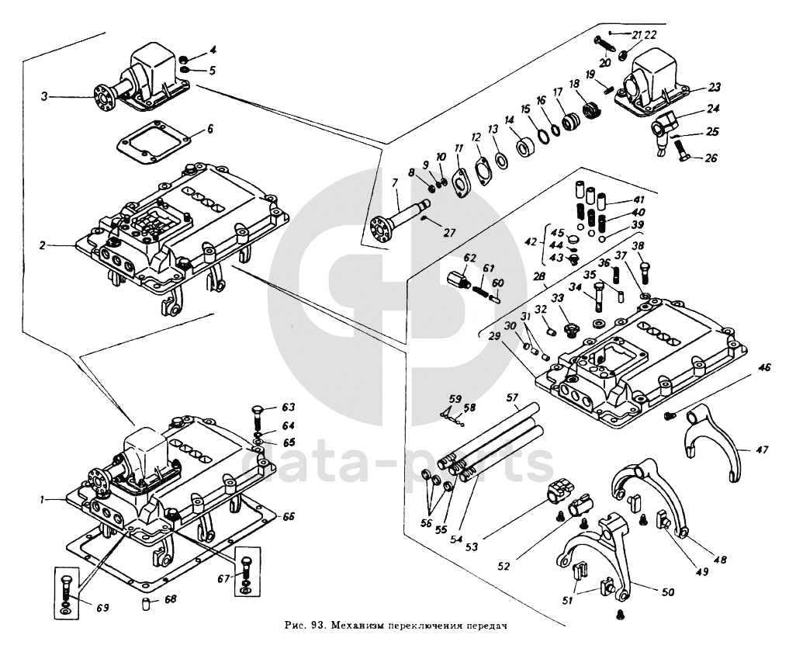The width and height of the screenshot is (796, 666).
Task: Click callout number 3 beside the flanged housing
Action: point(44,96)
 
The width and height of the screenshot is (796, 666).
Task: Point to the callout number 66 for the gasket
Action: point(288,515)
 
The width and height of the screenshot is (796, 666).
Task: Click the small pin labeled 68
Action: point(145,604)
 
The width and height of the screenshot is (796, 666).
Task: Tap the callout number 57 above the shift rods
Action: point(511,398)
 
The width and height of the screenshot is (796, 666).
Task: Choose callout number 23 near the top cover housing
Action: point(715,87)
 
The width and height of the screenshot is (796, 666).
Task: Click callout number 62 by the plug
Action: point(469,257)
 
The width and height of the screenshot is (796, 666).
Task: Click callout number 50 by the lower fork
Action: point(667,591)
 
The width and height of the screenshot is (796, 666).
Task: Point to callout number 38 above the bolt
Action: point(639,246)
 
